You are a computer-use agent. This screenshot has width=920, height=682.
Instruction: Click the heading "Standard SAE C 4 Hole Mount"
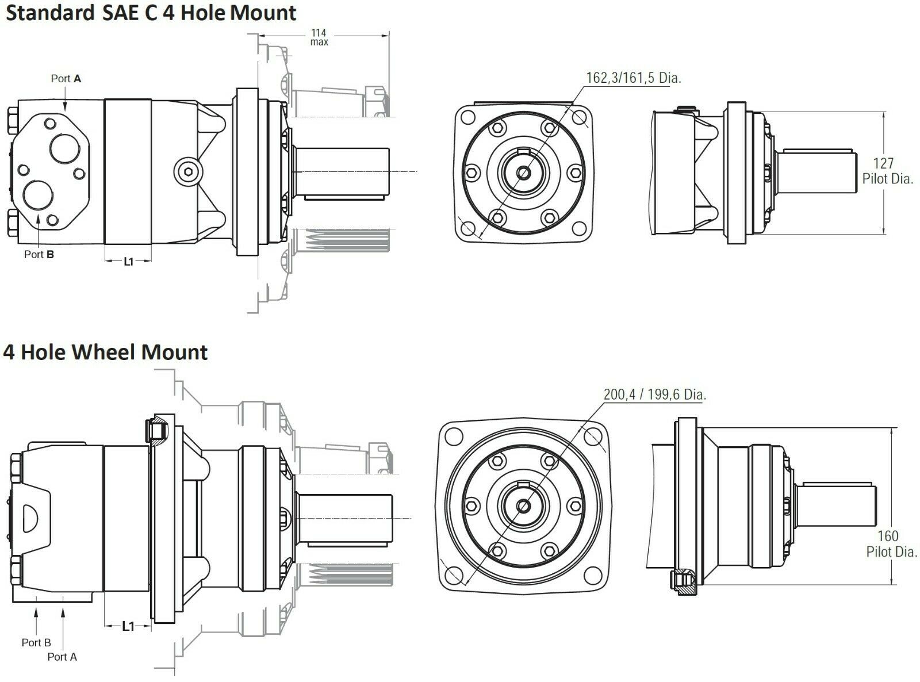[151, 13]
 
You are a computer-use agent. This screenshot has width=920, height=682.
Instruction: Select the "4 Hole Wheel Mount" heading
[105, 352]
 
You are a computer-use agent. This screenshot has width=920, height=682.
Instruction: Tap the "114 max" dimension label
[319, 37]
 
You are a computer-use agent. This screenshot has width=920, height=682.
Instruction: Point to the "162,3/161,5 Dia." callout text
[634, 78]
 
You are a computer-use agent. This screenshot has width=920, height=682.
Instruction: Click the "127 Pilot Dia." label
[887, 171]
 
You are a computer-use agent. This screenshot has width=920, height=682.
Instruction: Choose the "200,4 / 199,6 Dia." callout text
[654, 394]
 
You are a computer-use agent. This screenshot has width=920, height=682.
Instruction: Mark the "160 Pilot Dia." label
[891, 544]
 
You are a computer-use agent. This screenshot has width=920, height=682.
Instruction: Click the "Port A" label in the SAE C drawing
[66, 78]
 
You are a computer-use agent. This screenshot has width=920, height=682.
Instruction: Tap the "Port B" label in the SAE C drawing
[39, 254]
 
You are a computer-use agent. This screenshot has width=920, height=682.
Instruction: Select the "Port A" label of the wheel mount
[62, 657]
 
